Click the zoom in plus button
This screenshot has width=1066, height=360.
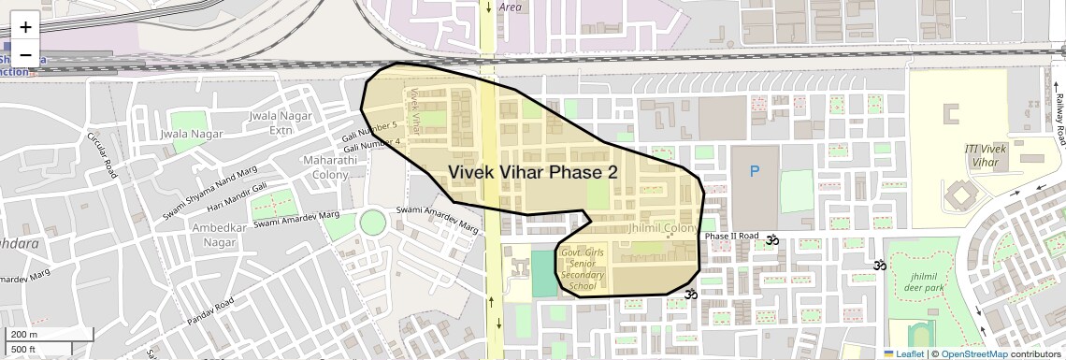(25, 27)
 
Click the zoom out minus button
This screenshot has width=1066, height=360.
(25, 54)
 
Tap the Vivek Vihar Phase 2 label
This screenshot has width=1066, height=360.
(533, 172)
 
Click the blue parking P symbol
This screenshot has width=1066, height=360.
(755, 171)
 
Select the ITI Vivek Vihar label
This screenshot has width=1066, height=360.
(982, 155)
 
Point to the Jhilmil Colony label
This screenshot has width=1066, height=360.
(663, 228)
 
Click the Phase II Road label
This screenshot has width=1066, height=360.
(731, 237)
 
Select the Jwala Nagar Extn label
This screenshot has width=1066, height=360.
(271, 122)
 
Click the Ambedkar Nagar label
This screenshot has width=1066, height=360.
(219, 235)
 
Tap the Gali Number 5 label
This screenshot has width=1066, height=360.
(370, 128)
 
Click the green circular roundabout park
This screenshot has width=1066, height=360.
(372, 223)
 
